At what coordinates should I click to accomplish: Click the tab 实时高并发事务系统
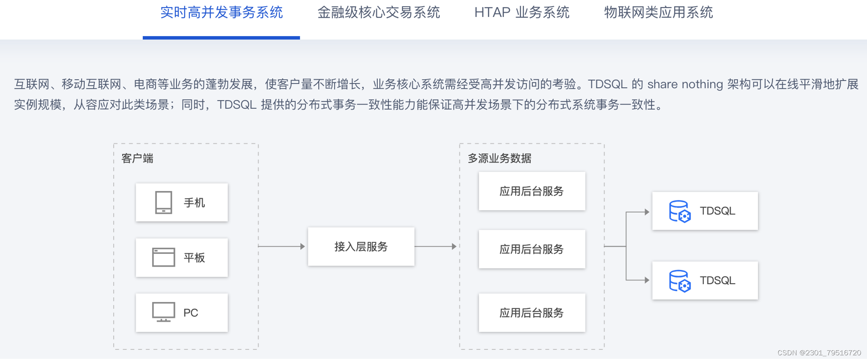221,13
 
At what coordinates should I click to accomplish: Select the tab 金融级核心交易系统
379,13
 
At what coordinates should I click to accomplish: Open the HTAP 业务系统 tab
522,13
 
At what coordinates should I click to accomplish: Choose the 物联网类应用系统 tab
658,13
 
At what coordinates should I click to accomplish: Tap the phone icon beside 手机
164,202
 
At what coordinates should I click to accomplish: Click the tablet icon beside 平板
164,257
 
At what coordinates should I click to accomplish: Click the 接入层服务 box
361,247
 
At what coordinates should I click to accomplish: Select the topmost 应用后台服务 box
532,191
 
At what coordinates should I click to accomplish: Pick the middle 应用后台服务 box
532,249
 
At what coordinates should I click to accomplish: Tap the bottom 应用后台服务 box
532,313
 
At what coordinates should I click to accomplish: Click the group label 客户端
137,158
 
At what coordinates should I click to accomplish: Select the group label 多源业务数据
499,158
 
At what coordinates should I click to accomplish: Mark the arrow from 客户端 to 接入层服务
282,246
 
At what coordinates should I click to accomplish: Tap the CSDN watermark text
819,353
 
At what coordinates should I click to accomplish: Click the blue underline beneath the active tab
221,38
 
